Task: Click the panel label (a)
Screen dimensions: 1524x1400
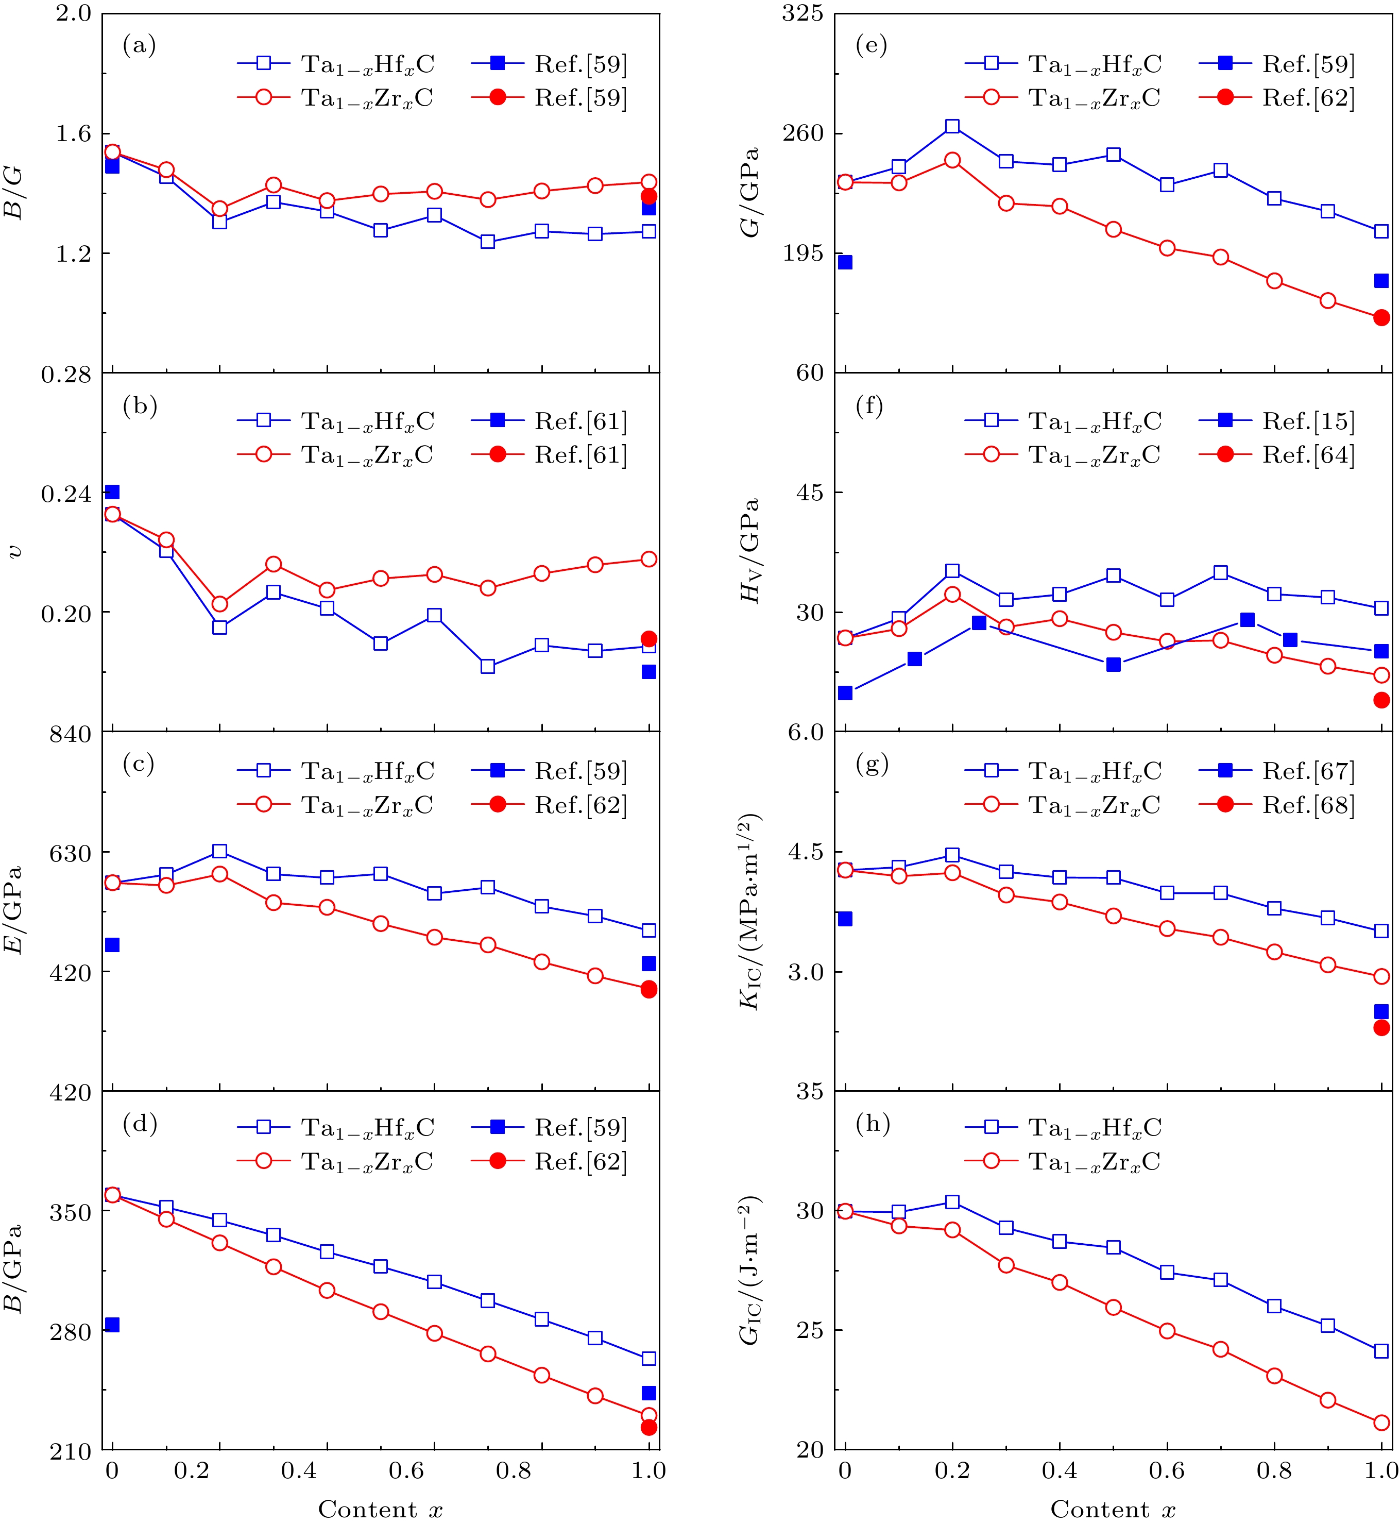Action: [x=140, y=46]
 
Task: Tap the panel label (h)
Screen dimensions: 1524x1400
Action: [x=873, y=1124]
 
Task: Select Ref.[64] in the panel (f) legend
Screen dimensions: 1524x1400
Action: [x=1308, y=455]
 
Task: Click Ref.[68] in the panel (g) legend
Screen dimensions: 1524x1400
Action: [x=1308, y=805]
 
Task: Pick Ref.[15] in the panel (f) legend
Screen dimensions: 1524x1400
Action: [x=1308, y=421]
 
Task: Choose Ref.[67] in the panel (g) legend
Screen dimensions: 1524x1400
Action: [x=1308, y=771]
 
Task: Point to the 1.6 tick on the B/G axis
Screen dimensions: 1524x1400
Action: [x=74, y=133]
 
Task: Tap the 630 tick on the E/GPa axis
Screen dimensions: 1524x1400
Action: [x=71, y=853]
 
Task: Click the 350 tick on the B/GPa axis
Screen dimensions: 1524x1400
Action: [x=71, y=1212]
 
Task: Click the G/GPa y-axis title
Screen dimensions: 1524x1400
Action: [x=750, y=193]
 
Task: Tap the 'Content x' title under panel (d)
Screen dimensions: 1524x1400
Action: [x=380, y=1509]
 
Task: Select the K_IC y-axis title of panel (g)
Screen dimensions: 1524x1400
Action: [x=750, y=912]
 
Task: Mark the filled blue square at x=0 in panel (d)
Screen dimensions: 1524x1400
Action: [x=112, y=1325]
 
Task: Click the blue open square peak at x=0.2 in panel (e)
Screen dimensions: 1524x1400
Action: [x=952, y=127]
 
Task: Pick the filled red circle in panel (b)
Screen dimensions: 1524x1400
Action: [x=648, y=639]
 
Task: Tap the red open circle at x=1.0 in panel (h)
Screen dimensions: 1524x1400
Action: [x=1381, y=1423]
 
